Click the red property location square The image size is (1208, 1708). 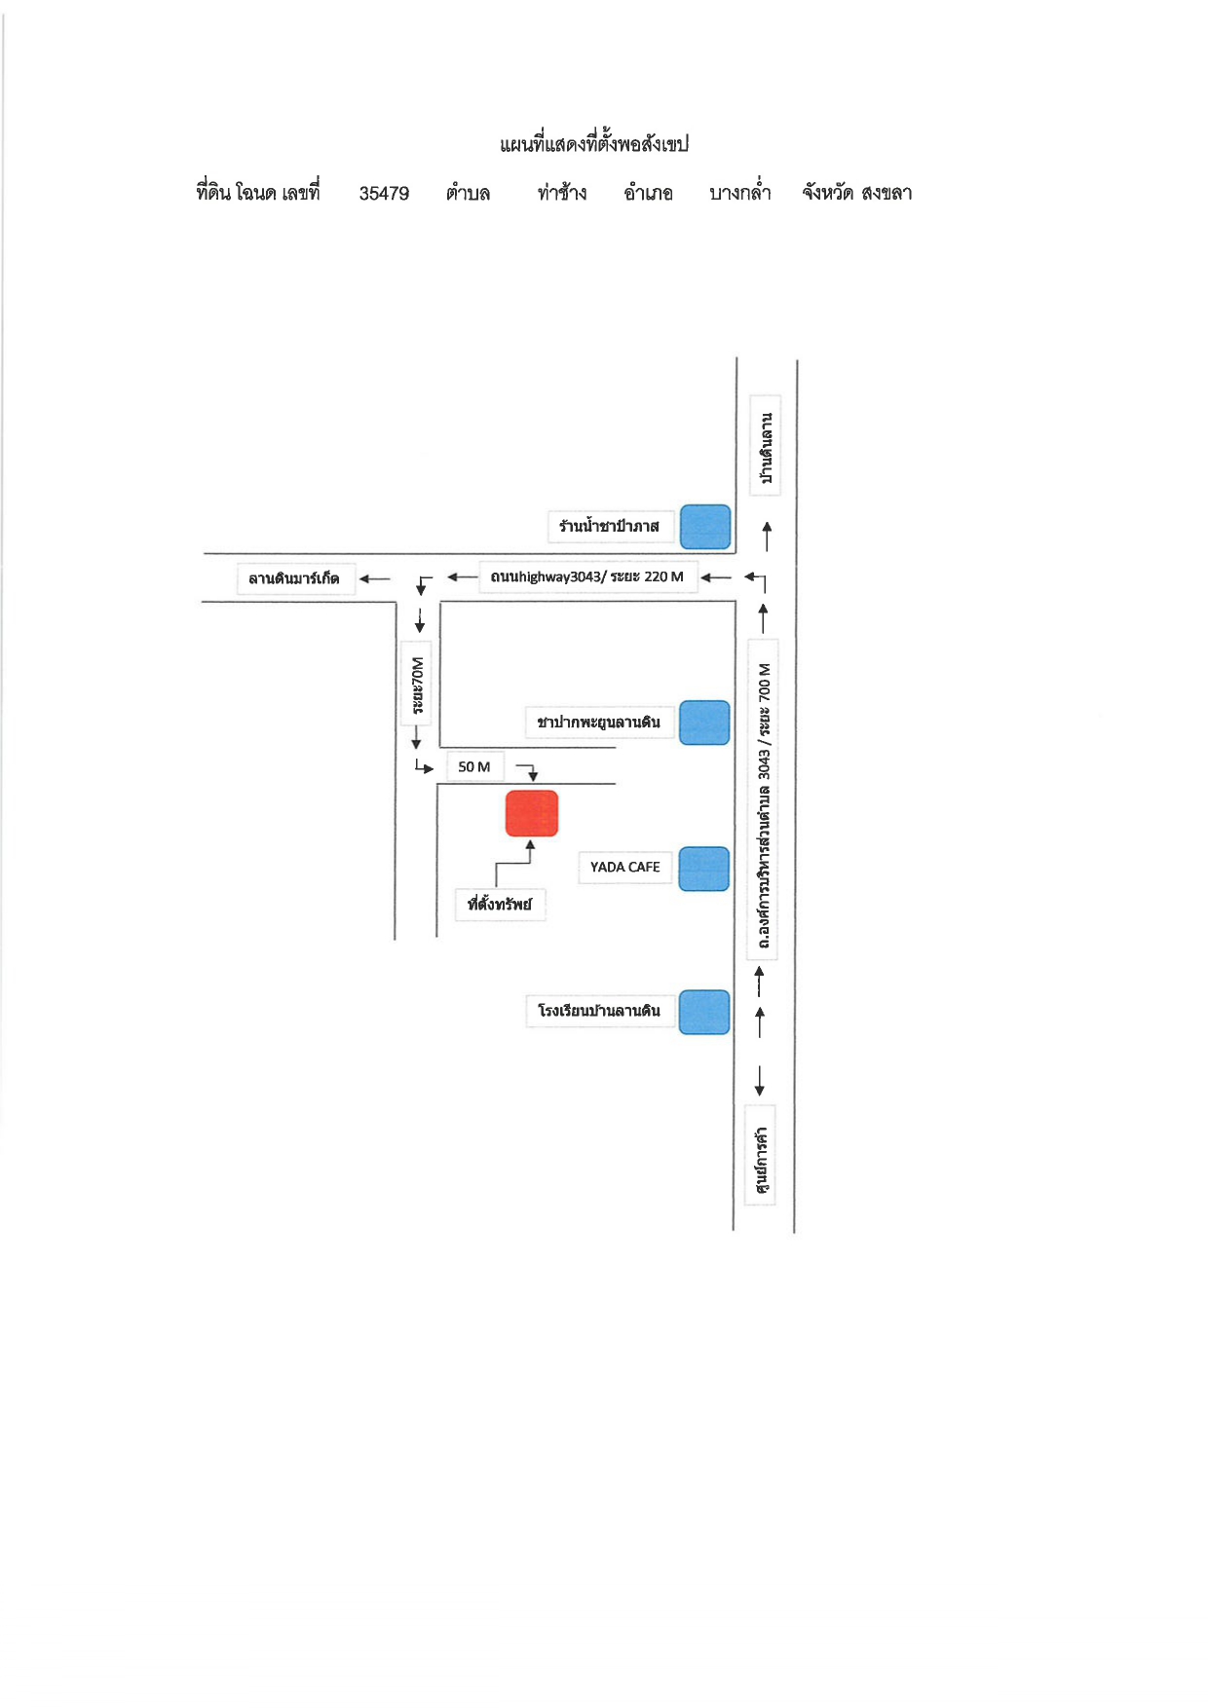pyautogui.click(x=532, y=813)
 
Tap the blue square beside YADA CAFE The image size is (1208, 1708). pyautogui.click(x=704, y=869)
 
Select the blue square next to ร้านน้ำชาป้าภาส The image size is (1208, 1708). pyautogui.click(x=705, y=527)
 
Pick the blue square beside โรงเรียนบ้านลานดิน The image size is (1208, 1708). pyautogui.click(x=704, y=1012)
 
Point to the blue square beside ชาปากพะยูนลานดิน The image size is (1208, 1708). pyautogui.click(x=704, y=723)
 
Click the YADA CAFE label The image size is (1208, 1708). pyautogui.click(x=625, y=867)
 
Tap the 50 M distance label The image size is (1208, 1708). pyautogui.click(x=474, y=766)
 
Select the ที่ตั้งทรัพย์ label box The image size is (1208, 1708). pyautogui.click(x=500, y=904)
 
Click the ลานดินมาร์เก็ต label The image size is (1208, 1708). pyautogui.click(x=294, y=578)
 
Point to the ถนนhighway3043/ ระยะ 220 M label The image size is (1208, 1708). pyautogui.click(x=587, y=576)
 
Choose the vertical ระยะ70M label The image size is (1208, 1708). pyautogui.click(x=417, y=685)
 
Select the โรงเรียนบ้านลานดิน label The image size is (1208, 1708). pyautogui.click(x=599, y=1011)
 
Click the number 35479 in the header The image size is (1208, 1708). pyautogui.click(x=384, y=193)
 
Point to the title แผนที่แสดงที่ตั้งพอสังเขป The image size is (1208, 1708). pyautogui.click(x=594, y=144)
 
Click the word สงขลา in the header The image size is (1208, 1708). pyautogui.click(x=887, y=192)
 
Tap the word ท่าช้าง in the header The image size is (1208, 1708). pyautogui.click(x=562, y=192)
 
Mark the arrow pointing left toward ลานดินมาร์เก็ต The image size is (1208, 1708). pyautogui.click(x=375, y=578)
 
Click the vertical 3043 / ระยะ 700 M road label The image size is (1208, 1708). pyautogui.click(x=765, y=798)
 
